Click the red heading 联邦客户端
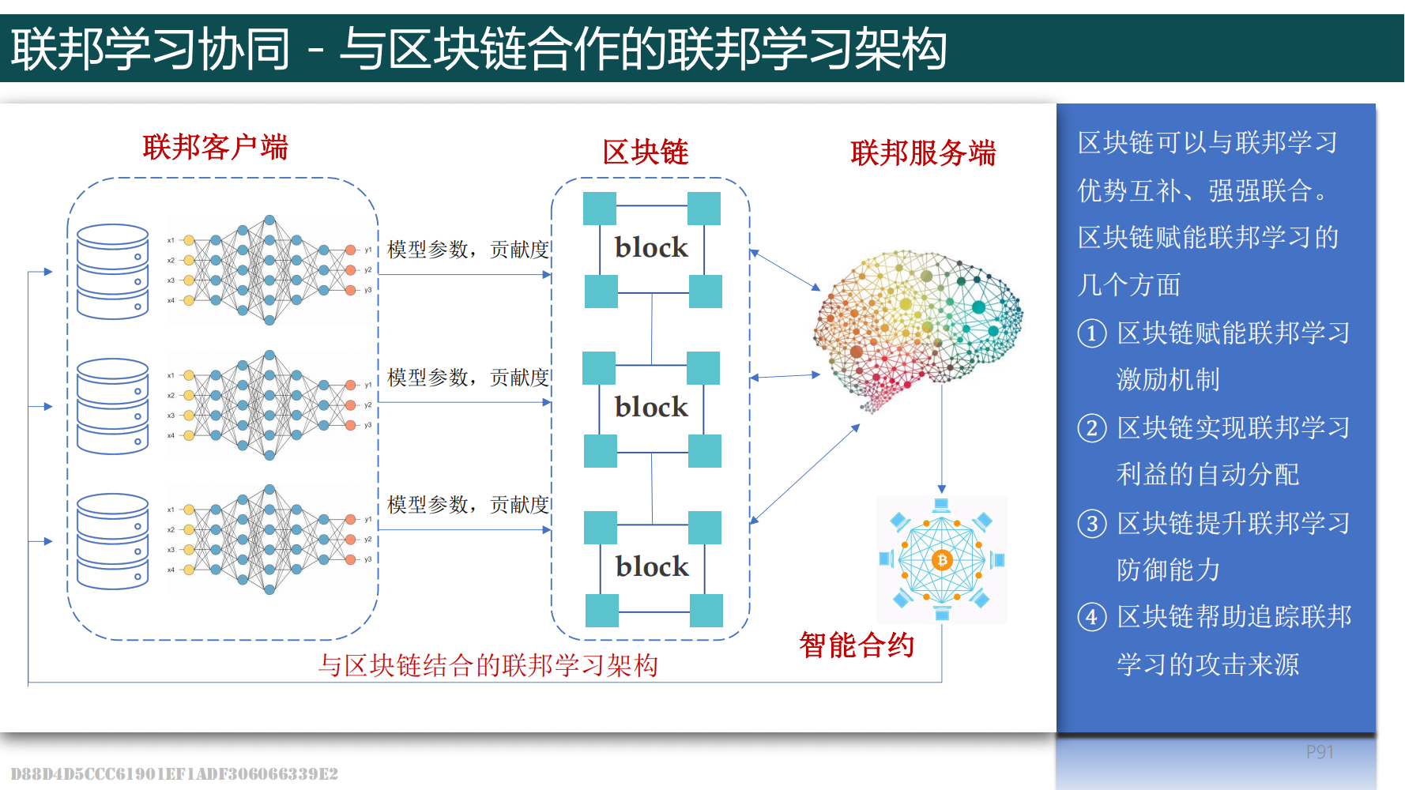point(215,148)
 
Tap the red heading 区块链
point(645,152)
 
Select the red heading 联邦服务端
point(923,152)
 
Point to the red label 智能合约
point(857,645)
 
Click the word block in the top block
point(651,248)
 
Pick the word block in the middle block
point(651,408)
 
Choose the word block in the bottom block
point(652,567)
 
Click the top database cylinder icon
point(113,271)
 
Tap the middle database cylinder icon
point(113,406)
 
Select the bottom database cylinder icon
point(113,541)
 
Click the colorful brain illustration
point(918,324)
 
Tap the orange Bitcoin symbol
point(941,560)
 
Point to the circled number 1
point(1091,333)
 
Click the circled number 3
point(1091,524)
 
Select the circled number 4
point(1091,617)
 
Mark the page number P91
point(1319,752)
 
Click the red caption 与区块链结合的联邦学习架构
point(488,665)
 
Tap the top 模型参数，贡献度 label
point(468,250)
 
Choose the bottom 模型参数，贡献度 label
point(468,505)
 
